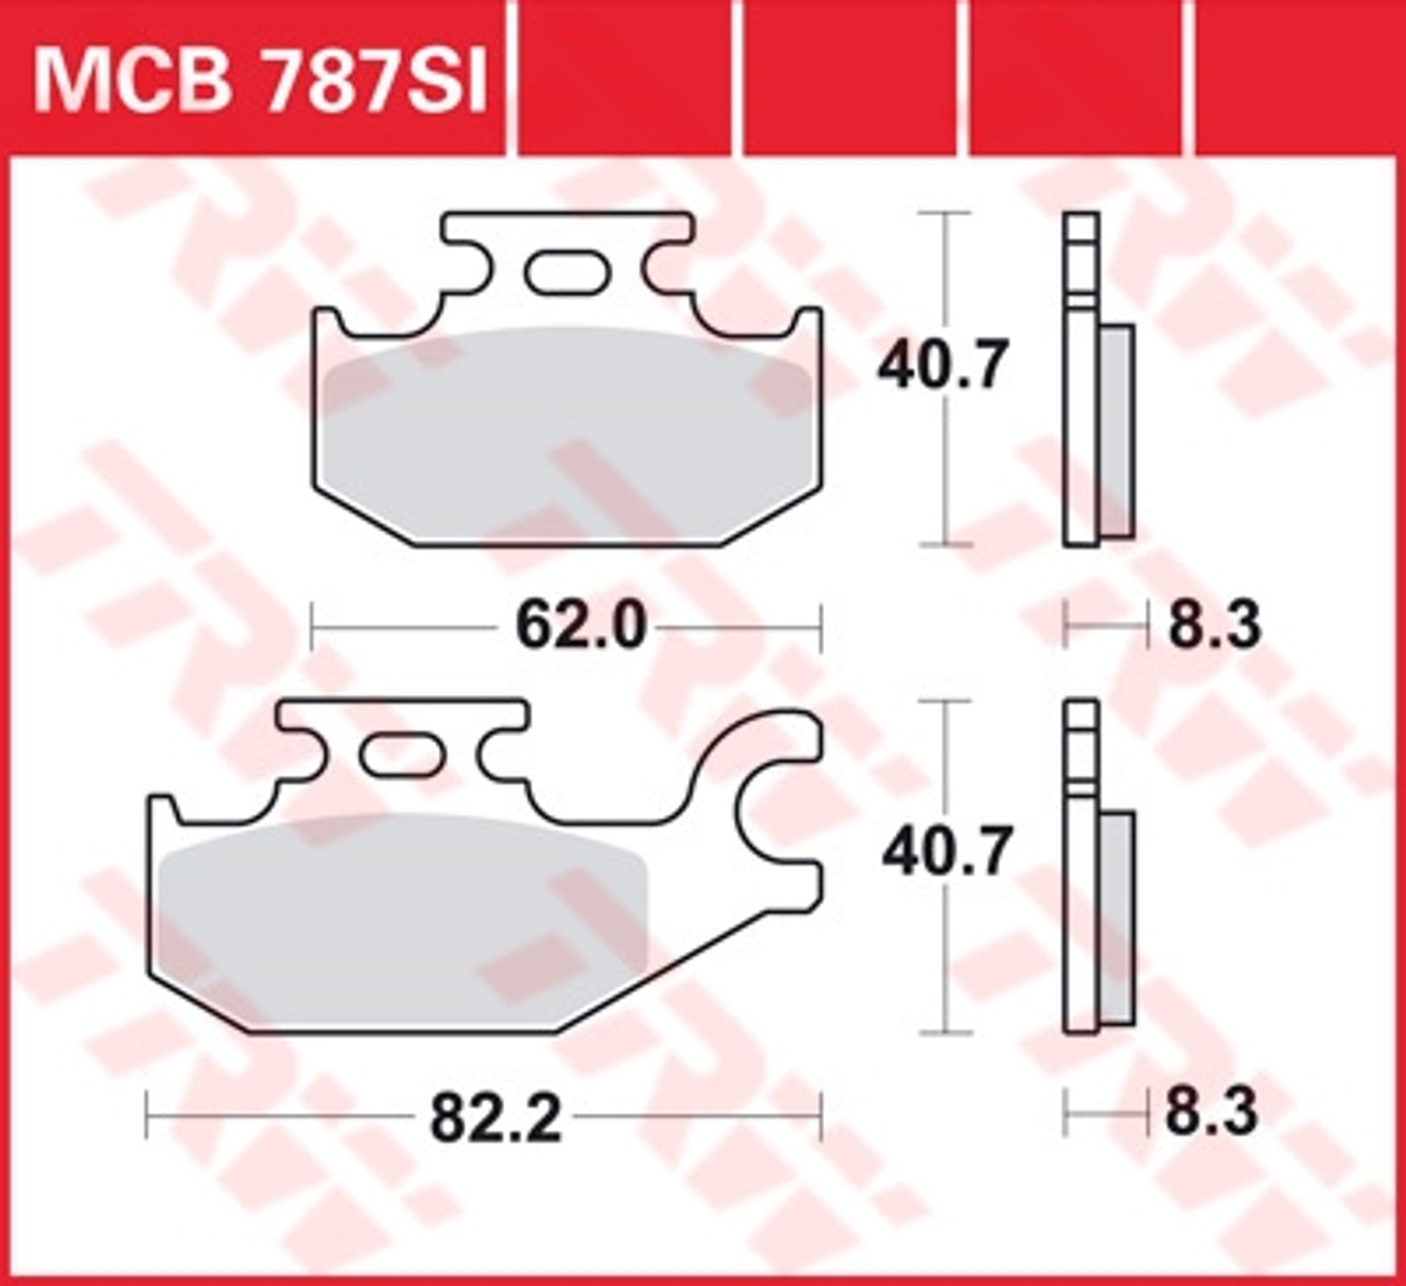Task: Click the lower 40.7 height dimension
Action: (x=946, y=851)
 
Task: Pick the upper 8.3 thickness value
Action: (x=1214, y=626)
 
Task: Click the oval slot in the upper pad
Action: (x=566, y=271)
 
